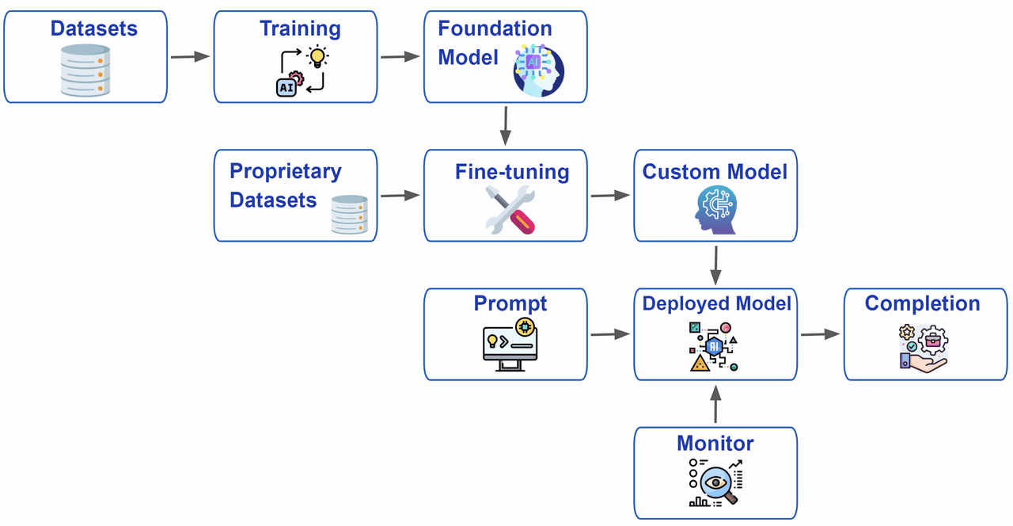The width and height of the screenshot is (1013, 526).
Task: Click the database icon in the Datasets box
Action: (x=85, y=71)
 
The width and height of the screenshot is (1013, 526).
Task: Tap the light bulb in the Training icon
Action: (x=318, y=57)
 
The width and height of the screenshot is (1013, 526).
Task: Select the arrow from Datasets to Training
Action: (x=190, y=56)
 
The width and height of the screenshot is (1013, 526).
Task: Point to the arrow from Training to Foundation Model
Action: (x=400, y=56)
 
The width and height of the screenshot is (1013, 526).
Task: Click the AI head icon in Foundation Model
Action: (x=539, y=71)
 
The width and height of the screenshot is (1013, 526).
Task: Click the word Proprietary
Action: (x=285, y=171)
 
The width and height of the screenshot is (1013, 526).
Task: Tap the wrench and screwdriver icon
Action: (x=510, y=209)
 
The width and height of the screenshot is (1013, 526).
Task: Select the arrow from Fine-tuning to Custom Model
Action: (x=609, y=195)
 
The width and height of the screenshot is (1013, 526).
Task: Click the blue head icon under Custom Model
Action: (x=715, y=210)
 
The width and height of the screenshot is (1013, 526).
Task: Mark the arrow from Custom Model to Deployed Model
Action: (x=715, y=265)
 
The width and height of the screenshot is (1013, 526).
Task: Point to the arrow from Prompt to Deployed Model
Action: (x=609, y=334)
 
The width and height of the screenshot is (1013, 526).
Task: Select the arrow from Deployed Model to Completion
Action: (x=819, y=334)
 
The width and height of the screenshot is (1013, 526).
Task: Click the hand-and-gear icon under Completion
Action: (x=923, y=347)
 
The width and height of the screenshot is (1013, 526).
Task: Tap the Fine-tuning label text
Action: (x=511, y=171)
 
